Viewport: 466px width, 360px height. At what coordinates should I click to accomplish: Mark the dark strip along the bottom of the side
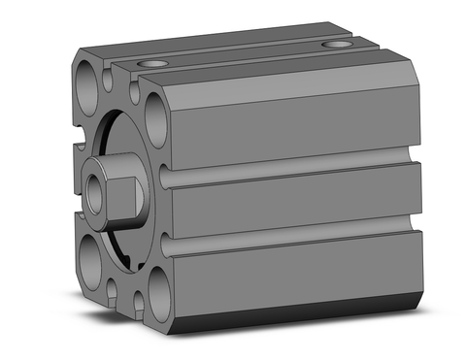pyautogui.click(x=301, y=314)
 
